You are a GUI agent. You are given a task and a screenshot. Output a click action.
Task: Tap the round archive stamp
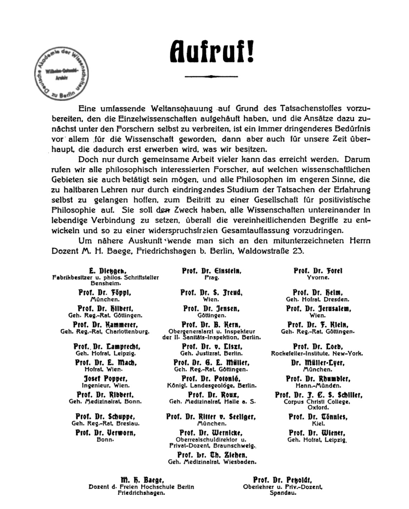click(61, 73)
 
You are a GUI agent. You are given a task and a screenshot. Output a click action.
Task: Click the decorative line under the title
click(211, 76)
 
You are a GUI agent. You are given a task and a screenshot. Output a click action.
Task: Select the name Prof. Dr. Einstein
click(212, 271)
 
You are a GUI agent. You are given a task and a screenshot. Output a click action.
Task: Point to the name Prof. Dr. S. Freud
click(211, 293)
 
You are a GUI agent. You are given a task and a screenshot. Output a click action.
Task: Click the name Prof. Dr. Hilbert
click(105, 309)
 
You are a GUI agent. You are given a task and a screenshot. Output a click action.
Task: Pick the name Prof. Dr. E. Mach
click(106, 363)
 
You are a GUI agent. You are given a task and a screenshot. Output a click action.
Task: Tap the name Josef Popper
click(106, 379)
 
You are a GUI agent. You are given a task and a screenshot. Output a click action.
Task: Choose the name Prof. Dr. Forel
click(318, 271)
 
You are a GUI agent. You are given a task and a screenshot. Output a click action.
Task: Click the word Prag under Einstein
click(212, 277)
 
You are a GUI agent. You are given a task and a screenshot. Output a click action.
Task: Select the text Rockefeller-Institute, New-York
click(317, 353)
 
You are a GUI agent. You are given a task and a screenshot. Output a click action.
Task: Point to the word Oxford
click(318, 407)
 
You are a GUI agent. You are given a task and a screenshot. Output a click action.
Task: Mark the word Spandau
click(283, 493)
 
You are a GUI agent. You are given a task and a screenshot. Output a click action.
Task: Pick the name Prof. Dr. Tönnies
click(318, 417)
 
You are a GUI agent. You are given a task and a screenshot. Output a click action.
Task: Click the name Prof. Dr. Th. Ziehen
click(212, 455)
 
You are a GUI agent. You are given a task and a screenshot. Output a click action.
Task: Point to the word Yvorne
click(318, 277)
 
